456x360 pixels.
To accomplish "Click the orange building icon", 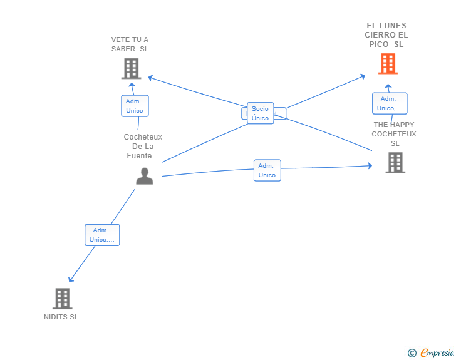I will (x=388, y=64).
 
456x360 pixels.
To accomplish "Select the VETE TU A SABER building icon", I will (x=130, y=68).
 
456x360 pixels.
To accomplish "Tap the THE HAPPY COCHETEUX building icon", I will (x=395, y=163).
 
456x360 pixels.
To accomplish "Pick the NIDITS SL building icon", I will (x=62, y=299).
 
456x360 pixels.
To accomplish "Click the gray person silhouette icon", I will (x=144, y=176).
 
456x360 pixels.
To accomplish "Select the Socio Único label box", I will (x=260, y=113).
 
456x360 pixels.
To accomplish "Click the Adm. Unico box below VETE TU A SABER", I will (x=135, y=106).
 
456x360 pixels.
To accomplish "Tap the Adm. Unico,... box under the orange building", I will (x=389, y=103).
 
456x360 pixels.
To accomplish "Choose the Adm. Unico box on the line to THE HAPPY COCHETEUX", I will (x=267, y=170).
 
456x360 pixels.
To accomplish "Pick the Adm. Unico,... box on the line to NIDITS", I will (x=102, y=235).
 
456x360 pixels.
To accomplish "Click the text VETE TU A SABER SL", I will (x=130, y=44).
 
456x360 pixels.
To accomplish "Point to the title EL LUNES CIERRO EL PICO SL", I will (x=386, y=35).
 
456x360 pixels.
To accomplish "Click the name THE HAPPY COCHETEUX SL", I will (x=394, y=134).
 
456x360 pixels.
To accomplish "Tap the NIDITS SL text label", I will (x=61, y=317).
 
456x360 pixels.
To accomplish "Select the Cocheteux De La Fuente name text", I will (x=143, y=147).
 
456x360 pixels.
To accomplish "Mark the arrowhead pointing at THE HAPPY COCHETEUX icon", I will (x=370, y=166).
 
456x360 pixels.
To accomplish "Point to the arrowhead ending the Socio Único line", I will (x=363, y=76).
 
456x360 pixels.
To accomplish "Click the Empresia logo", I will (x=437, y=352).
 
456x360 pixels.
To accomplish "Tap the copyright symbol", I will (x=412, y=353).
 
